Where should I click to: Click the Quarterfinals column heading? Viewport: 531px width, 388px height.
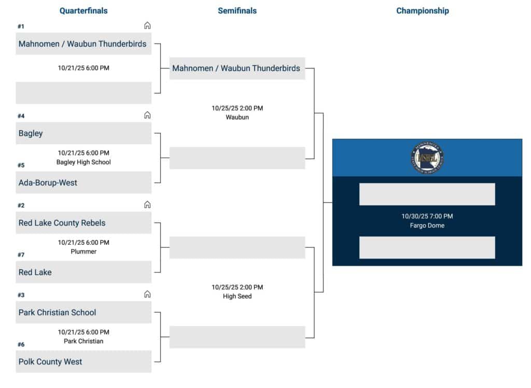point(83,11)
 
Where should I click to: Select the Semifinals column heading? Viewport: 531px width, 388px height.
point(237,11)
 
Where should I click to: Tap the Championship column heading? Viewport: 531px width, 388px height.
point(422,11)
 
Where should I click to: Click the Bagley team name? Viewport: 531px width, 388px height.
point(31,133)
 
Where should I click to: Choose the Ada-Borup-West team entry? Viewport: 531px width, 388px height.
point(48,183)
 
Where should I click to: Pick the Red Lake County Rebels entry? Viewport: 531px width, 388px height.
point(62,223)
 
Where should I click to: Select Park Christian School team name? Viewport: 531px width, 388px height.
point(57,312)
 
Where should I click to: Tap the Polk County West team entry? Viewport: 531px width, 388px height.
point(50,362)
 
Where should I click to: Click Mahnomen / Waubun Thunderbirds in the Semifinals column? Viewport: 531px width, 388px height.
point(236,68)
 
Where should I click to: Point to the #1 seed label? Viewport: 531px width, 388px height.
point(21,26)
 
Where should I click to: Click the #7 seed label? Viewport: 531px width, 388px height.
point(21,255)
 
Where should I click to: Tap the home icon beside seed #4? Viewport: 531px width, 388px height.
point(147,115)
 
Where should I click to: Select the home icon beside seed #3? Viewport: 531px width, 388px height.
point(147,294)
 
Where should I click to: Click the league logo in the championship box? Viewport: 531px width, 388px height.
point(427,158)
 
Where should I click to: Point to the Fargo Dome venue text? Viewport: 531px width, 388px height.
point(427,226)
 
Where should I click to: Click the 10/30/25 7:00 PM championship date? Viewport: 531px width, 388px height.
point(427,216)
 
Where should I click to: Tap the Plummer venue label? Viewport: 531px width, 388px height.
point(83,252)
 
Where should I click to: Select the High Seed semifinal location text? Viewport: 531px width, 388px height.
point(237,296)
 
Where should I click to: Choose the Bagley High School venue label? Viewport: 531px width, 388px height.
point(83,162)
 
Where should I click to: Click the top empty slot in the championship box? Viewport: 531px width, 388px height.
point(427,194)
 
